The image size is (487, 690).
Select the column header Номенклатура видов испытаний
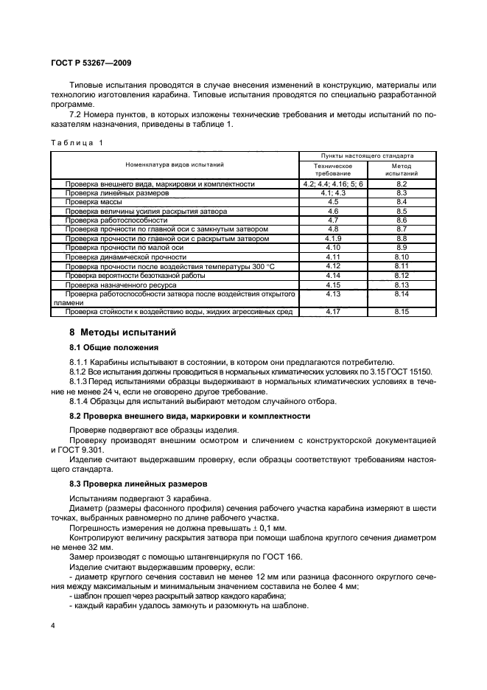(175, 165)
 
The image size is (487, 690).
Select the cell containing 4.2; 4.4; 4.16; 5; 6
(333, 184)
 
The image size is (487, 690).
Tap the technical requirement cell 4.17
(333, 312)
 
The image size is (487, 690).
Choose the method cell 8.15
(402, 312)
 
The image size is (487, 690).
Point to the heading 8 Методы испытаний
(122, 332)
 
